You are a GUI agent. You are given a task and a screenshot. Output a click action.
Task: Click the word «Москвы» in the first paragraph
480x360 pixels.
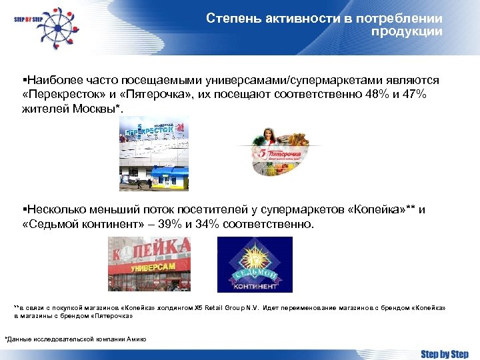[x=96, y=109]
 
